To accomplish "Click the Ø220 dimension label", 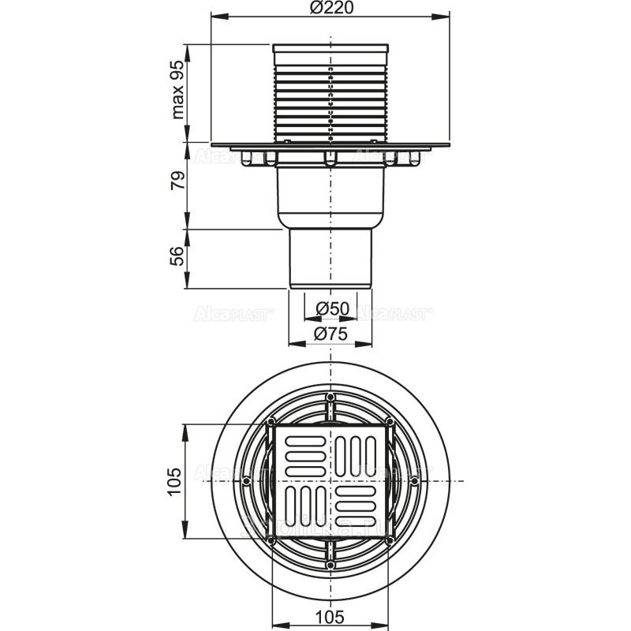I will click(330, 9).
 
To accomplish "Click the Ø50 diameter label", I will click(330, 307).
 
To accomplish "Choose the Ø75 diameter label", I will click(330, 334).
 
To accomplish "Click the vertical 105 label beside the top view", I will click(178, 480).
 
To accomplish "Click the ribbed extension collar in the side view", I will click(330, 95).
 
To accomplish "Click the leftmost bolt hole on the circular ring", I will click(248, 480).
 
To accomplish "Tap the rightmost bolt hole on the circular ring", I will click(413, 480).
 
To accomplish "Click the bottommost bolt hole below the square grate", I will click(330, 564).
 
